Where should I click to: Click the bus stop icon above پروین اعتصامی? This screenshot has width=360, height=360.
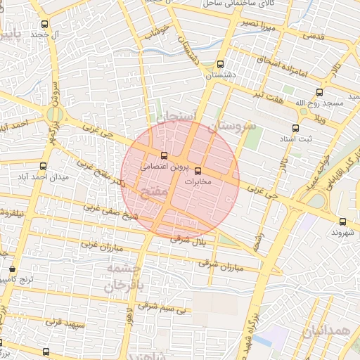pos(164,155)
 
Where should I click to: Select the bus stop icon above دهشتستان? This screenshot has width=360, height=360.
pos(220,63)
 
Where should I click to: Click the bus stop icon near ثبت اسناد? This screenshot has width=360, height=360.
pos(295,128)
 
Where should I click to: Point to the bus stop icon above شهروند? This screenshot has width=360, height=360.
pos(342,221)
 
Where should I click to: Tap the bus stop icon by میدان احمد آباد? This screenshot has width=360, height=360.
pos(44,167)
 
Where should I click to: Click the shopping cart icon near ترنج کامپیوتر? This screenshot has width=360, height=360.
pos(12,269)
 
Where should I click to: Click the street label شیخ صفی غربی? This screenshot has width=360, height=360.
pos(109,212)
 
